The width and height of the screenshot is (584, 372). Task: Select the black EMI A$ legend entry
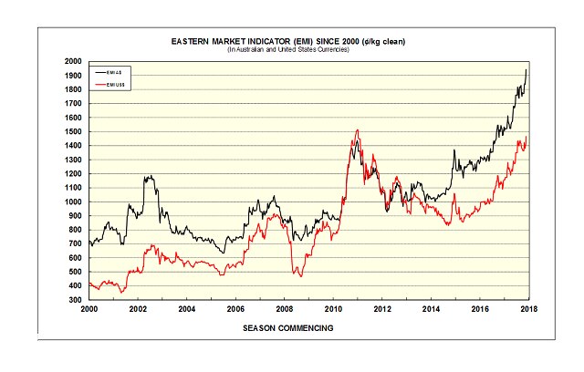[112, 70]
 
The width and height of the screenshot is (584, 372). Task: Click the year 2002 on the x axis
[137, 310]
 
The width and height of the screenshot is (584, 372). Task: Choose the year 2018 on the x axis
[527, 310]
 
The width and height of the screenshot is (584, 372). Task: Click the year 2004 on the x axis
[185, 310]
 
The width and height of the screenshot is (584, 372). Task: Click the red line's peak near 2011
[357, 130]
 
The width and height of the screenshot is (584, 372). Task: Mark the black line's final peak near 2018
[526, 70]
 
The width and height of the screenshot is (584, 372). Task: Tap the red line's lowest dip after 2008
[298, 274]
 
